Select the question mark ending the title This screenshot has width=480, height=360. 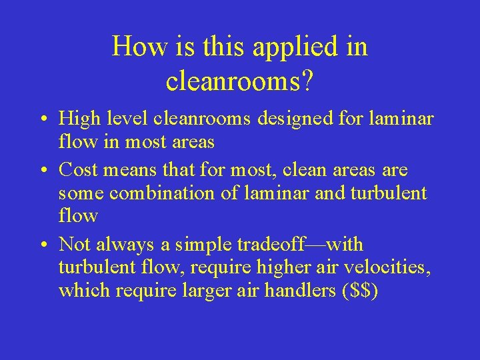pyautogui.click(x=308, y=81)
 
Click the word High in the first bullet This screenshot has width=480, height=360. pyautogui.click(x=78, y=120)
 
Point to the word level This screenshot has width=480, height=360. pyautogui.click(x=127, y=120)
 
